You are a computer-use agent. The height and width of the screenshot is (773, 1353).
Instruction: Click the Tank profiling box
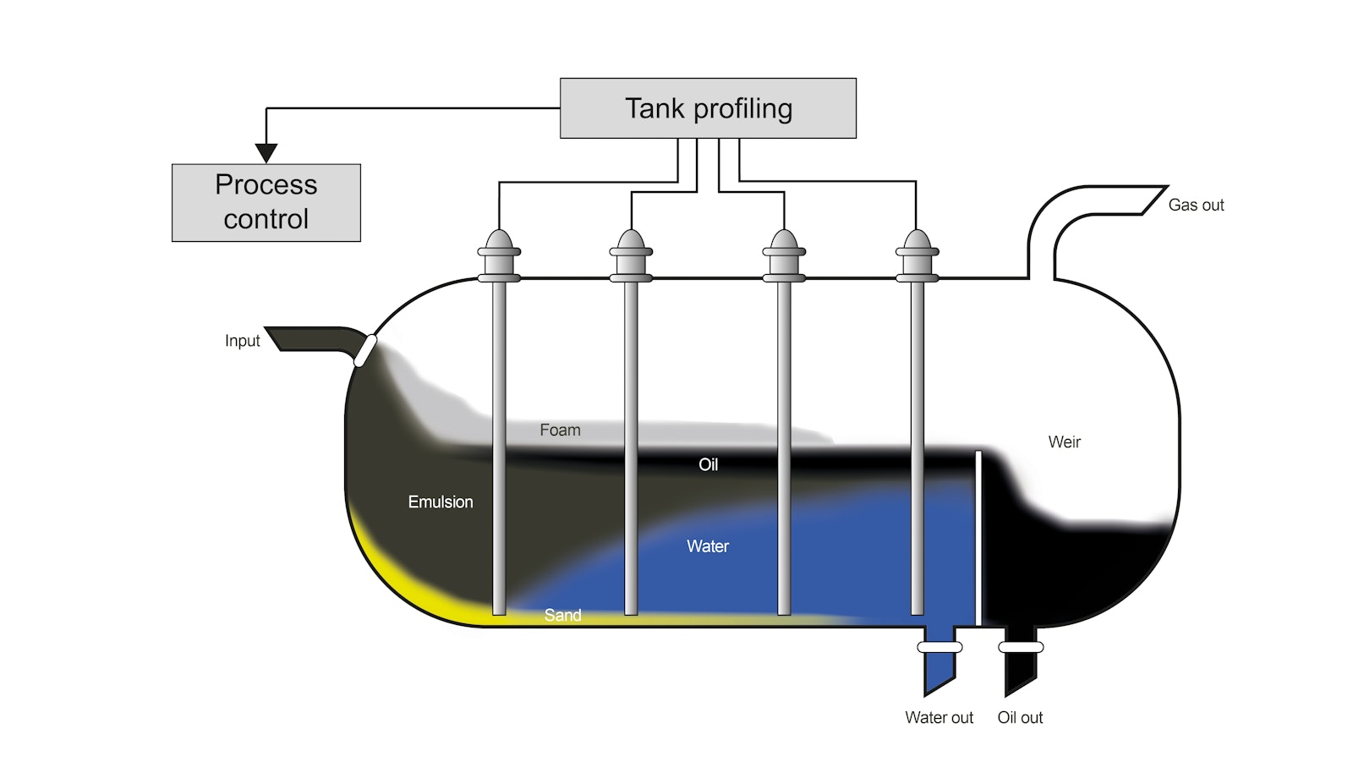click(708, 108)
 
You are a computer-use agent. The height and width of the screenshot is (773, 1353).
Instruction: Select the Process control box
click(266, 202)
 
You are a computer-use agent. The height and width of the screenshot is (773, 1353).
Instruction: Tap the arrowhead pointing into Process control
click(266, 153)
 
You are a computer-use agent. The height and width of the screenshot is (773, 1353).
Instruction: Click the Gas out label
click(1196, 205)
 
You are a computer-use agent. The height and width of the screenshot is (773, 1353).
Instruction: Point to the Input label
click(242, 341)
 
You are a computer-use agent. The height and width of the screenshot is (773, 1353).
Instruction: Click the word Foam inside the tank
click(560, 430)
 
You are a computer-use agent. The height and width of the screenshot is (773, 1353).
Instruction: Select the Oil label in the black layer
click(708, 464)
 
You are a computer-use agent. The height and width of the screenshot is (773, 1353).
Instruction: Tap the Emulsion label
click(441, 502)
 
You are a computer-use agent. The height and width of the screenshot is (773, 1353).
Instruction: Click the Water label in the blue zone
click(708, 546)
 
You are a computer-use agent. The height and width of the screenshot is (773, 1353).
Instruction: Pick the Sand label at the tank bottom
click(562, 615)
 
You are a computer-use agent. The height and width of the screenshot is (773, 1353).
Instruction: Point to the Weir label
click(1064, 441)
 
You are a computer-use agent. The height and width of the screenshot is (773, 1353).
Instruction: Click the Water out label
click(939, 717)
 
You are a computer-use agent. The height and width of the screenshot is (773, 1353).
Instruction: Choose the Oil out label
click(1020, 717)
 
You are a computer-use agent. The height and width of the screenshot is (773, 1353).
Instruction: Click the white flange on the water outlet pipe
click(939, 647)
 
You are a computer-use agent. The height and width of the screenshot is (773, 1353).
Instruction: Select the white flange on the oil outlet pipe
click(1021, 647)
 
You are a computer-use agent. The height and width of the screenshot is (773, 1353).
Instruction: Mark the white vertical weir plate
click(978, 538)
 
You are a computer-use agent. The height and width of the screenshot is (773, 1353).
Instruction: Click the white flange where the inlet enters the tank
click(365, 350)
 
